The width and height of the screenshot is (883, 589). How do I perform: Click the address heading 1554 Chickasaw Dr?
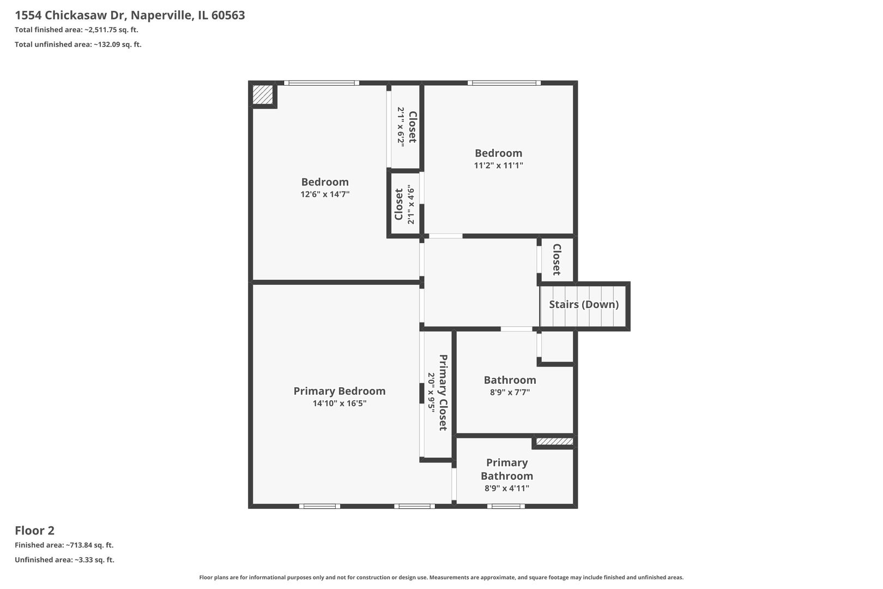point(130,15)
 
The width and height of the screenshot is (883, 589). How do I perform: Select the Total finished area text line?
point(76,30)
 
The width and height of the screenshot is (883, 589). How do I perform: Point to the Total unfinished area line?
point(78,45)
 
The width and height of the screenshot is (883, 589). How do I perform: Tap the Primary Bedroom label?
point(339,391)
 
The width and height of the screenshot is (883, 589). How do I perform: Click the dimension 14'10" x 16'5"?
point(339,404)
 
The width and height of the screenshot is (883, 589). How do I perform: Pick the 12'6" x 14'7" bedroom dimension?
point(325,194)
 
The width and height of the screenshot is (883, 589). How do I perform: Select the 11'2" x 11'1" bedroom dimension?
point(498,165)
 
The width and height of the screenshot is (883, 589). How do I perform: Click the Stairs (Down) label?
point(584,304)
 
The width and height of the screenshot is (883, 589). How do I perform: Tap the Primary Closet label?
point(443,392)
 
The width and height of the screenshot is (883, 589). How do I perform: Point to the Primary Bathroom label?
point(507,469)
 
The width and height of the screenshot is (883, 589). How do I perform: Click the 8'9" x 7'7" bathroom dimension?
point(510,392)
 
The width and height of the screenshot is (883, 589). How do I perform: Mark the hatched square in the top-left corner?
point(263,94)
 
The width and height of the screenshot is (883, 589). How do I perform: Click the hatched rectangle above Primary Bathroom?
point(554,441)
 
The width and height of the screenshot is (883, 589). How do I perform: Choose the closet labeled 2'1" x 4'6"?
point(404,205)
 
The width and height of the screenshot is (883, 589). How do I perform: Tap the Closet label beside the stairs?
point(557,260)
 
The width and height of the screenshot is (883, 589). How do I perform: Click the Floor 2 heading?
point(34,530)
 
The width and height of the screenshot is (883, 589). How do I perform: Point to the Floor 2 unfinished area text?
point(64,560)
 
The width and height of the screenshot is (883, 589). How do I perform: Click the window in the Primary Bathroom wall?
point(506,506)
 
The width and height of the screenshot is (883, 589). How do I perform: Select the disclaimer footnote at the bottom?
point(441,577)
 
